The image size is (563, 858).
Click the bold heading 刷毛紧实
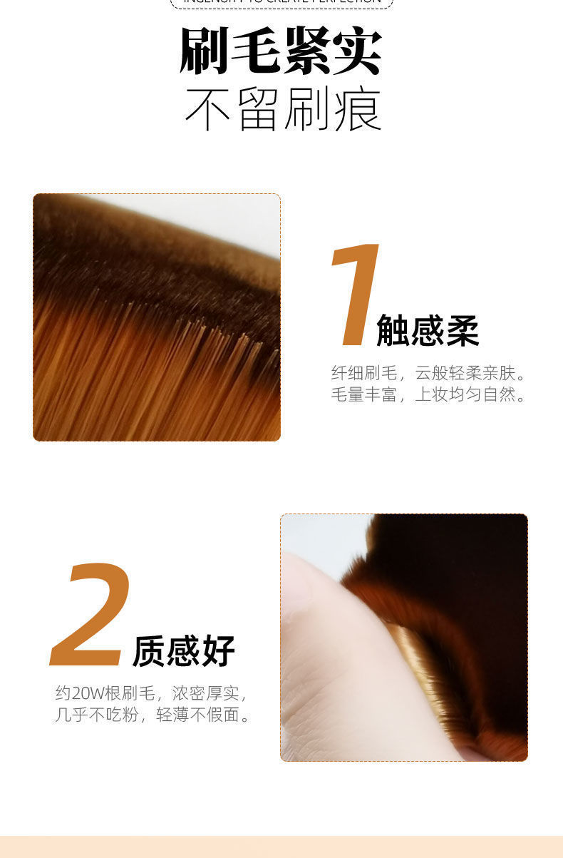[281, 52]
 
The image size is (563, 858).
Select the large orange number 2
[91, 615]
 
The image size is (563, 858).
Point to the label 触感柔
[427, 330]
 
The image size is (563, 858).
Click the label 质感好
[184, 650]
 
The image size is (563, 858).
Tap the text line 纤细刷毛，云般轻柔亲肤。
[429, 373]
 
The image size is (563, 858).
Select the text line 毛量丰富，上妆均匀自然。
[429, 394]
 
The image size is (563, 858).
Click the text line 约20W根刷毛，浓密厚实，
[151, 693]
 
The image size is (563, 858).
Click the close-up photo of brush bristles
[157, 317]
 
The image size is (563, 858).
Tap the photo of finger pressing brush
[403, 638]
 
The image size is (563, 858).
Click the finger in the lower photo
[335, 663]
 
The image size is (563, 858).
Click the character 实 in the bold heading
[358, 52]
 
